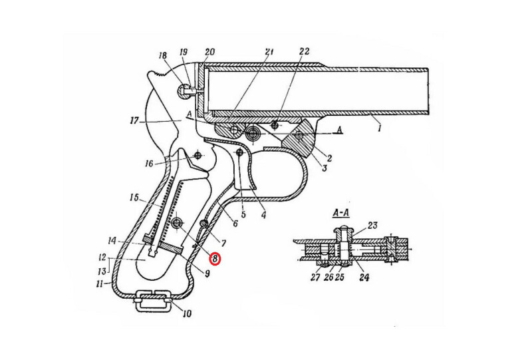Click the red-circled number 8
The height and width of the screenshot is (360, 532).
point(215,259)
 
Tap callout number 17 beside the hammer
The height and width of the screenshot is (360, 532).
point(135,120)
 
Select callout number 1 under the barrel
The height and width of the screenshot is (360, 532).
point(380,128)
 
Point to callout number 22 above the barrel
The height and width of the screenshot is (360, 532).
point(304,51)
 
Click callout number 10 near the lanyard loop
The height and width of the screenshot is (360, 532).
point(187,313)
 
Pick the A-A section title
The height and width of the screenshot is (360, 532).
point(341,214)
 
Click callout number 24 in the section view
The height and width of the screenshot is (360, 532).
point(364,277)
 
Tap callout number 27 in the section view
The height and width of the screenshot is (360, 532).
point(315,277)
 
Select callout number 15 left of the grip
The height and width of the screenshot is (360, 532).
point(134,198)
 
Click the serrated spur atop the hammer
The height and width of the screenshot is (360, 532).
point(157,75)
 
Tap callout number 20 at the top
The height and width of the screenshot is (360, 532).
point(209,52)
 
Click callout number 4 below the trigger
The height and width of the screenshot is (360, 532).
point(263,214)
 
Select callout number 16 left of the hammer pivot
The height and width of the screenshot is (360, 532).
point(149,164)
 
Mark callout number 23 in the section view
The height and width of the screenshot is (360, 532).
point(372,226)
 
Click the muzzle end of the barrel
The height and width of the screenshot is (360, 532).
point(428,92)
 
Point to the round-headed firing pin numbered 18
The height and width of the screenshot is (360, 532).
point(184,90)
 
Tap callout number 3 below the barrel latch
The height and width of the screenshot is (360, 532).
point(325,168)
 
